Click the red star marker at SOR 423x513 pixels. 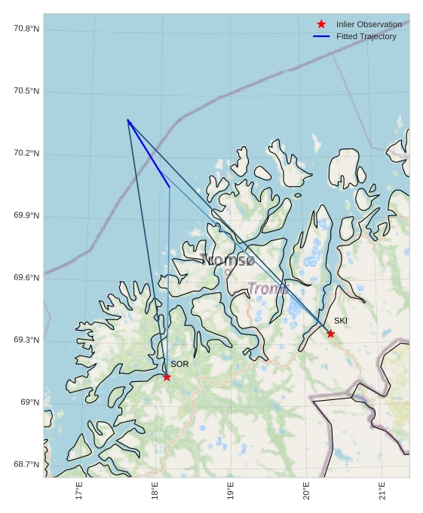pyautogui.click(x=167, y=377)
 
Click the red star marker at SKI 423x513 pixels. pyautogui.click(x=330, y=334)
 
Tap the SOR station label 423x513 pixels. pyautogui.click(x=179, y=364)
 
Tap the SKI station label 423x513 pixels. pyautogui.click(x=341, y=321)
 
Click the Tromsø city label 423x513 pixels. pyautogui.click(x=228, y=261)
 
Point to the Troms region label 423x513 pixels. pyautogui.click(x=268, y=289)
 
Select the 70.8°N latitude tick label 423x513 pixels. pyautogui.click(x=26, y=29)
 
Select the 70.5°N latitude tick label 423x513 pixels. pyautogui.click(x=26, y=91)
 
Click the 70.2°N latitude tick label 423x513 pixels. pyautogui.click(x=26, y=154)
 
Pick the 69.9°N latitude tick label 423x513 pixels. pyautogui.click(x=26, y=216)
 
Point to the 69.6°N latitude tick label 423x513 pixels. pyautogui.click(x=26, y=278)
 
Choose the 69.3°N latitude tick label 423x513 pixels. pyautogui.click(x=26, y=340)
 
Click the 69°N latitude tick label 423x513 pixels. pyautogui.click(x=29, y=402)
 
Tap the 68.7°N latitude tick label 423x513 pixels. pyautogui.click(x=26, y=465)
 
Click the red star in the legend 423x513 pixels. pyautogui.click(x=321, y=24)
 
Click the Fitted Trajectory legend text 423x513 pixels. pyautogui.click(x=366, y=36)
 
